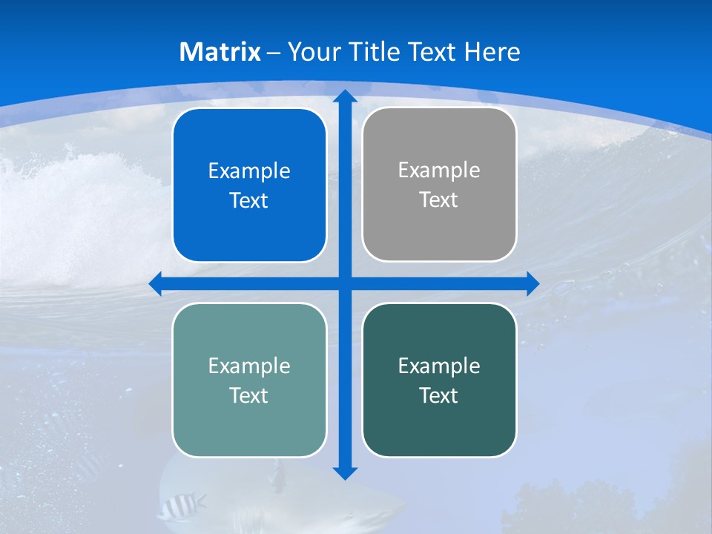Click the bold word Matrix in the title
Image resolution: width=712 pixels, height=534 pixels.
pyautogui.click(x=220, y=52)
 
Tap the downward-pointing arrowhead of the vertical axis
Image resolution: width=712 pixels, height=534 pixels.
pyautogui.click(x=345, y=472)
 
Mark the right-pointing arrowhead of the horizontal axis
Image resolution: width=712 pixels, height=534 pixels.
pyautogui.click(x=533, y=283)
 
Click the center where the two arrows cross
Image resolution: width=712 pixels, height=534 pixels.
pyautogui.click(x=345, y=283)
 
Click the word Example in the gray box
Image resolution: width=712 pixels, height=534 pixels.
pyautogui.click(x=439, y=170)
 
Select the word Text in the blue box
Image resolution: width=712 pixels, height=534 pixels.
pyautogui.click(x=248, y=201)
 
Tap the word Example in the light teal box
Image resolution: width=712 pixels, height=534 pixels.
pyautogui.click(x=248, y=366)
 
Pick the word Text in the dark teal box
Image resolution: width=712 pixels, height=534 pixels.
pyautogui.click(x=439, y=396)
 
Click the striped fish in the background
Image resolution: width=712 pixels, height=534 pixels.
pyautogui.click(x=181, y=506)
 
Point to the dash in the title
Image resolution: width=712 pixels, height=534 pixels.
pyautogui.click(x=274, y=53)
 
